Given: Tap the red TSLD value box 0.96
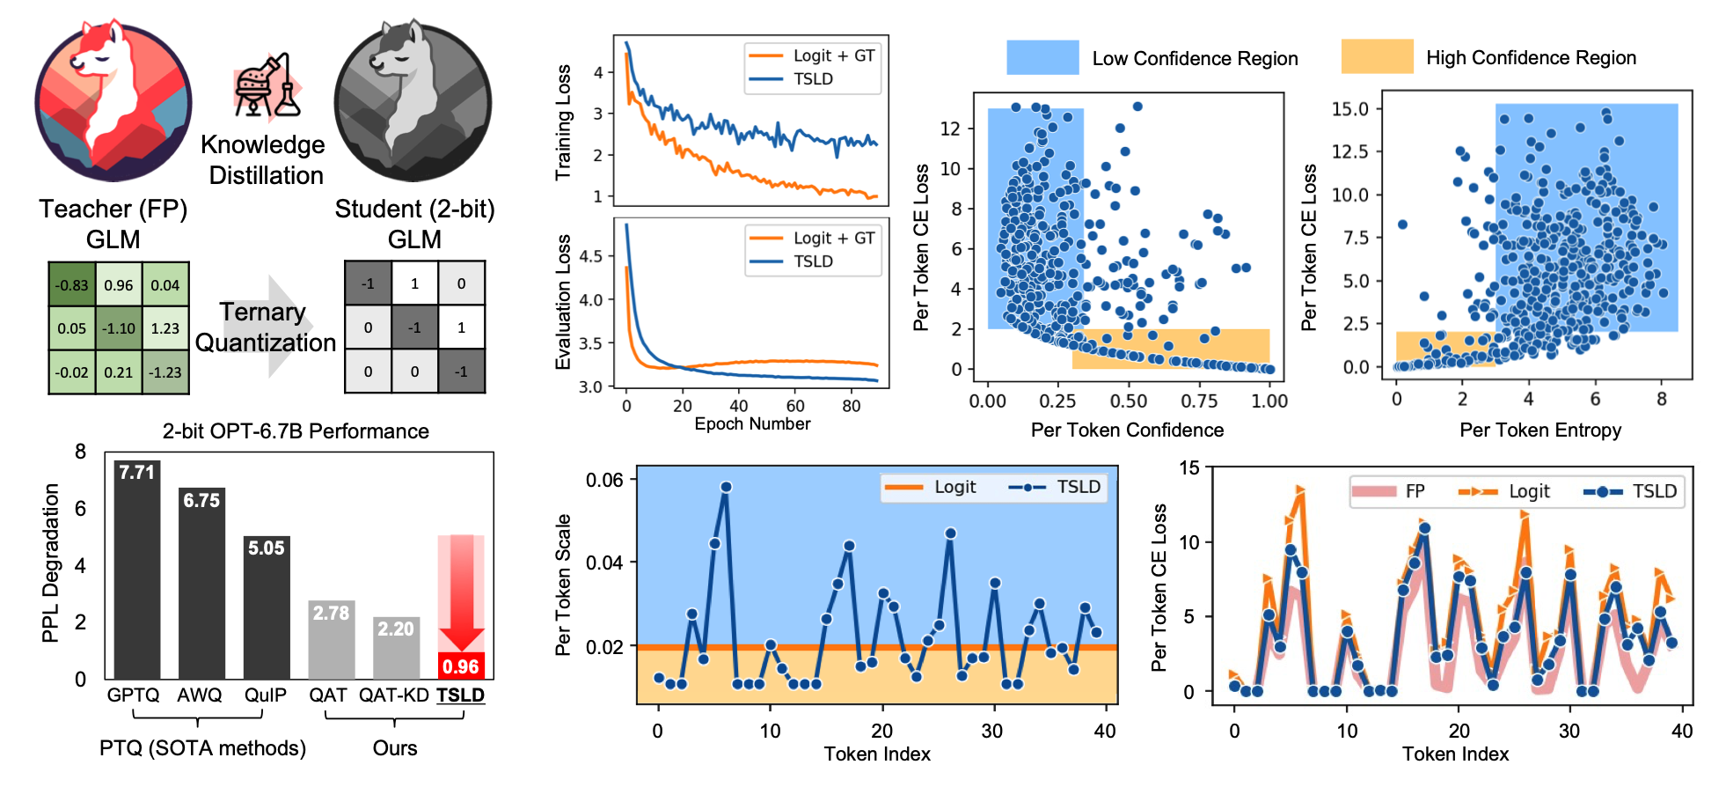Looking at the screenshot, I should click(461, 666).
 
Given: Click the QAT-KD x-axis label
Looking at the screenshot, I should click(393, 695).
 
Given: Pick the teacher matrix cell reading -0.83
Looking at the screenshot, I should click(71, 285).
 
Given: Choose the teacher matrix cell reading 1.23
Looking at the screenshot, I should click(165, 328).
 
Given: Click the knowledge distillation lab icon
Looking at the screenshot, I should click(267, 87).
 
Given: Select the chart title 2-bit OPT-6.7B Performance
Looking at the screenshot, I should click(296, 431).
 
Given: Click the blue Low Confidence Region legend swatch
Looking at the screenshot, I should click(1042, 57).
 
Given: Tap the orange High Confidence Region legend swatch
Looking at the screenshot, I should click(1377, 57).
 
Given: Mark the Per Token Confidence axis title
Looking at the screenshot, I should click(1127, 430).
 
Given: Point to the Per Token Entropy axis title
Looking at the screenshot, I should click(1540, 430).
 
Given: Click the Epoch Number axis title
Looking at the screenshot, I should click(752, 424).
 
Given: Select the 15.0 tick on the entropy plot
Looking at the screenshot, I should click(1349, 109).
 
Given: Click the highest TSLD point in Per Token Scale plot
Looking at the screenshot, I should click(726, 487).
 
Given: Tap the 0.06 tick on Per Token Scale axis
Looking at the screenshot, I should click(604, 481).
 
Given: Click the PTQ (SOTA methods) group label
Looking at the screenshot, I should click(202, 748).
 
